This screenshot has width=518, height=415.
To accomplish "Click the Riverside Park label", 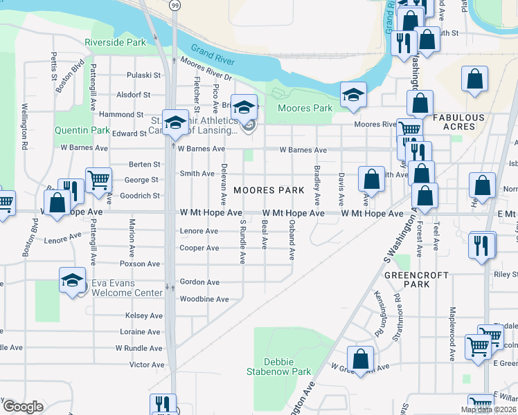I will pos(115,42).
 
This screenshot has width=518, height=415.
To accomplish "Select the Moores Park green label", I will pos(305,109).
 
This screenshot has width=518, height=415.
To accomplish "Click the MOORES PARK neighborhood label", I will pos(269,190).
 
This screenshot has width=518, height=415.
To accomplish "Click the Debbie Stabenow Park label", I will pos(278,367).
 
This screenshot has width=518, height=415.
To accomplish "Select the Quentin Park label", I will pos(82,130).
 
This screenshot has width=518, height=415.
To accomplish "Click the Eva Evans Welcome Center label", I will pos(128,288).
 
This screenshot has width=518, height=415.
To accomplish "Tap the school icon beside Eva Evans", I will pos(72,281).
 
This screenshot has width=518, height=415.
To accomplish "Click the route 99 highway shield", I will pos(175,6).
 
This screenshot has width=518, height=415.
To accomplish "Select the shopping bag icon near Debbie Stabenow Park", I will pos(360,359).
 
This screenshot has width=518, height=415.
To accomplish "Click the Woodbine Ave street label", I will pos(204,299).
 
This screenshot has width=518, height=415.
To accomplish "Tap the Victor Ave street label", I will pos(147,365).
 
